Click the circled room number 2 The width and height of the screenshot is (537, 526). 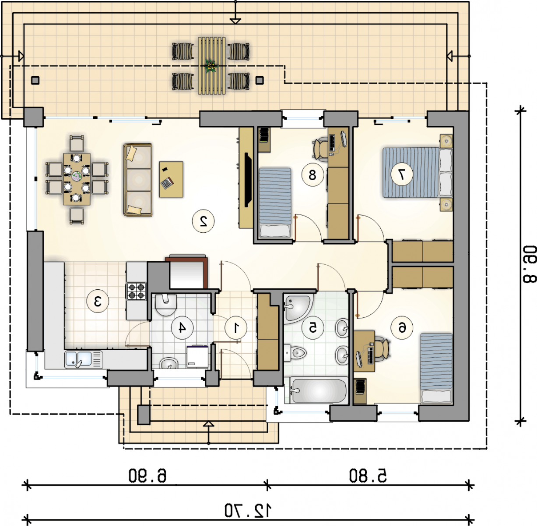click(x=204, y=221)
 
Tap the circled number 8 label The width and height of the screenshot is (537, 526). click(x=312, y=175)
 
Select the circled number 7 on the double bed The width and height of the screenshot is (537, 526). click(x=402, y=174)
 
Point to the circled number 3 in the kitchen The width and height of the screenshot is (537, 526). click(x=98, y=301)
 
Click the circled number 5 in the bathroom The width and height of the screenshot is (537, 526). click(x=312, y=328)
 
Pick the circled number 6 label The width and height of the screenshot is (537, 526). click(x=402, y=328)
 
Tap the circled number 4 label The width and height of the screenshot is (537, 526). click(x=182, y=328)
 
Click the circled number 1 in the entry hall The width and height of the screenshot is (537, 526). click(x=236, y=328)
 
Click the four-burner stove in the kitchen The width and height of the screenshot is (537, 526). click(x=136, y=291)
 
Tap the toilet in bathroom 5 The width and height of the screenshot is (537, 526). click(x=295, y=353)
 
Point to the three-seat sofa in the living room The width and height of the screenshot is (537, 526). click(x=138, y=180)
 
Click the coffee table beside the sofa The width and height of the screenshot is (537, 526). click(x=171, y=179)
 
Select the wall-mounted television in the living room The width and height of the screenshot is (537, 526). click(x=248, y=179)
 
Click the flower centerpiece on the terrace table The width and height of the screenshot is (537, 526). click(x=211, y=66)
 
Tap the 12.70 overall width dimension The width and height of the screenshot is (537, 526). click(x=248, y=511)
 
